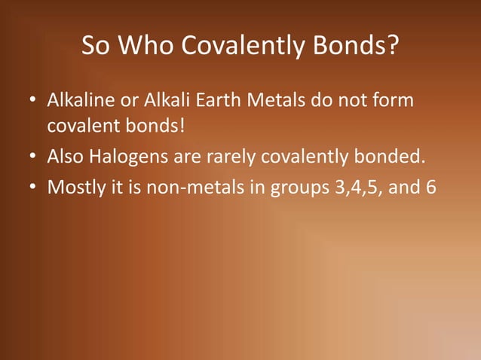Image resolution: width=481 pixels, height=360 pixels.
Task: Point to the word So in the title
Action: (x=95, y=47)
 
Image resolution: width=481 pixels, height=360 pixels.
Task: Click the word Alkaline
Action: (x=79, y=100)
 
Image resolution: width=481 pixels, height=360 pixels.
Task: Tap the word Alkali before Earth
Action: (x=159, y=100)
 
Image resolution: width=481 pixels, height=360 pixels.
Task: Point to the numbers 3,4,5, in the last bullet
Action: (x=357, y=186)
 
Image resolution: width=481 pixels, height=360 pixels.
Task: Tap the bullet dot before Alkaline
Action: (x=34, y=101)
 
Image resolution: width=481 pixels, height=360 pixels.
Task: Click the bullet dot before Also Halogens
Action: (x=34, y=157)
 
